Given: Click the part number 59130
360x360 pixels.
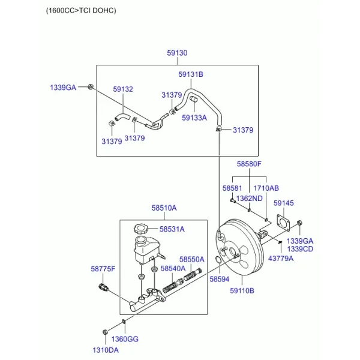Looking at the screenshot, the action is click(177, 53).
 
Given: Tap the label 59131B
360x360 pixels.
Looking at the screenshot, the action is click(191, 74).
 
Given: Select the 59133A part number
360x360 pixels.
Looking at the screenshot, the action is click(194, 118).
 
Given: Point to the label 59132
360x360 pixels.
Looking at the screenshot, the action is click(123, 89).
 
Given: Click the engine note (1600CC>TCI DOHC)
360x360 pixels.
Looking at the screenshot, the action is click(81, 11).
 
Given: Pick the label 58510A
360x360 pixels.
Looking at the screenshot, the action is click(164, 208).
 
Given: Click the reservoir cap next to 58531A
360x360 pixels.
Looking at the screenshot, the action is click(140, 229).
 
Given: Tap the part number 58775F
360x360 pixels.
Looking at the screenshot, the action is click(103, 269).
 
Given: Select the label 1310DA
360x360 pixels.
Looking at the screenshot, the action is click(106, 350).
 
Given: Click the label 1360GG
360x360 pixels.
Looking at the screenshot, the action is click(125, 339).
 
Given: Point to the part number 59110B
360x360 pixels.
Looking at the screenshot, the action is click(242, 290).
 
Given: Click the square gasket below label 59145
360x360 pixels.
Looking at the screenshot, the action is click(283, 223).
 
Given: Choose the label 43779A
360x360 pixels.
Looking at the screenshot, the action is click(281, 259).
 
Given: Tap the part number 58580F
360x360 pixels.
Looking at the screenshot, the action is click(249, 164).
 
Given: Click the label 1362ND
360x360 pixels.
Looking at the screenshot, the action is click(250, 199).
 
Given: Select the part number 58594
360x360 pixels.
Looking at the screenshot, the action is click(219, 279).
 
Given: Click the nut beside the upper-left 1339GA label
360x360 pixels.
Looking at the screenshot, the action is click(91, 87).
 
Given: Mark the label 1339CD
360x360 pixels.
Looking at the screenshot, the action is click(300, 249).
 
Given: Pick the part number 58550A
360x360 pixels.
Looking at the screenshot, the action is click(192, 259).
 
